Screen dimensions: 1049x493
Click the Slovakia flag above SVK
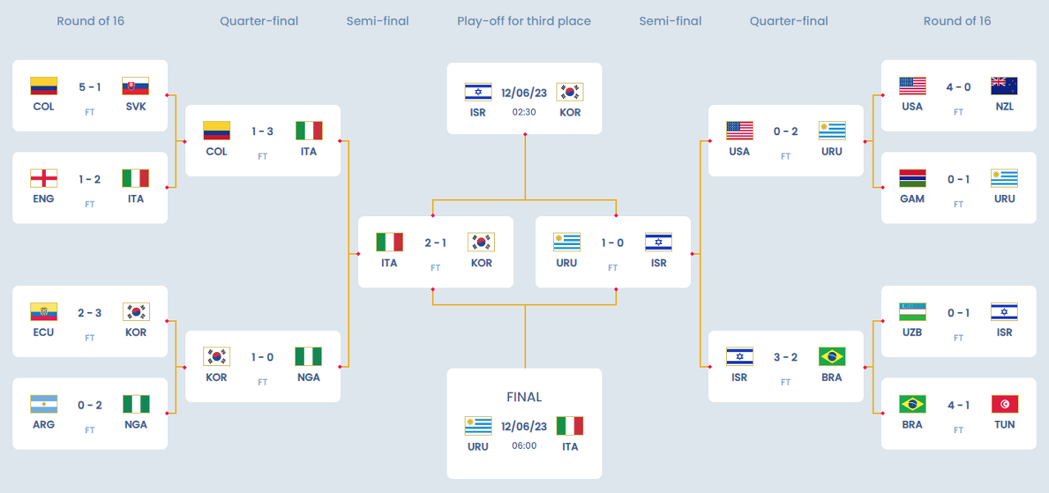click(136, 86)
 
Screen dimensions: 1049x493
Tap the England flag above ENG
click(43, 179)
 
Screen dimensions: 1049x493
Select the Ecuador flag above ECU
click(43, 312)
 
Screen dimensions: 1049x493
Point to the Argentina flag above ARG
click(43, 405)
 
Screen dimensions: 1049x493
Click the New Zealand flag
click(1004, 86)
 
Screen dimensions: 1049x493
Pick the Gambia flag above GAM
click(912, 179)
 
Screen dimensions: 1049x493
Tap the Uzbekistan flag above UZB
click(912, 312)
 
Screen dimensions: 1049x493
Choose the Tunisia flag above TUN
click(1004, 405)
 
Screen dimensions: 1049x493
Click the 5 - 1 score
click(90, 88)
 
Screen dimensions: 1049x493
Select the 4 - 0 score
click(958, 88)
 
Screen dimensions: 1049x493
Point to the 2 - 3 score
click(90, 313)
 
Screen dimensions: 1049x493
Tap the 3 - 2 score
click(785, 357)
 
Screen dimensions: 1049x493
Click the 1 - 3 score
click(262, 131)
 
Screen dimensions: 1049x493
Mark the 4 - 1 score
click(958, 405)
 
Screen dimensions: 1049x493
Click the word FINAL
click(524, 397)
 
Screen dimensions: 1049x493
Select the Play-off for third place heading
click(524, 21)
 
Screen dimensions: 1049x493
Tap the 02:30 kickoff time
click(524, 112)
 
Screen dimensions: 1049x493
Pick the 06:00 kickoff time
click(524, 446)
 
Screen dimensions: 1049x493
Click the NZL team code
click(1004, 106)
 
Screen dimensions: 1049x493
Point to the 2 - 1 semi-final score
click(435, 242)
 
